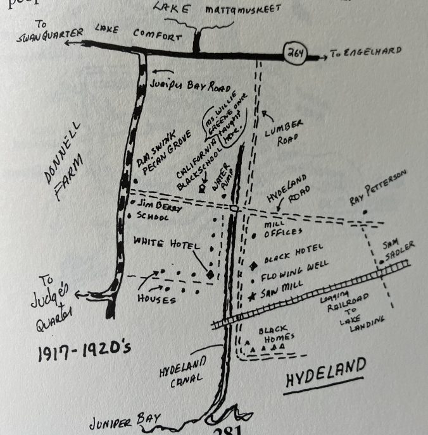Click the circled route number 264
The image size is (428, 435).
295,54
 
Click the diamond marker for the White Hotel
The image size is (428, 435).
209,274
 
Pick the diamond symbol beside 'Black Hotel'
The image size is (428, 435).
253,264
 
